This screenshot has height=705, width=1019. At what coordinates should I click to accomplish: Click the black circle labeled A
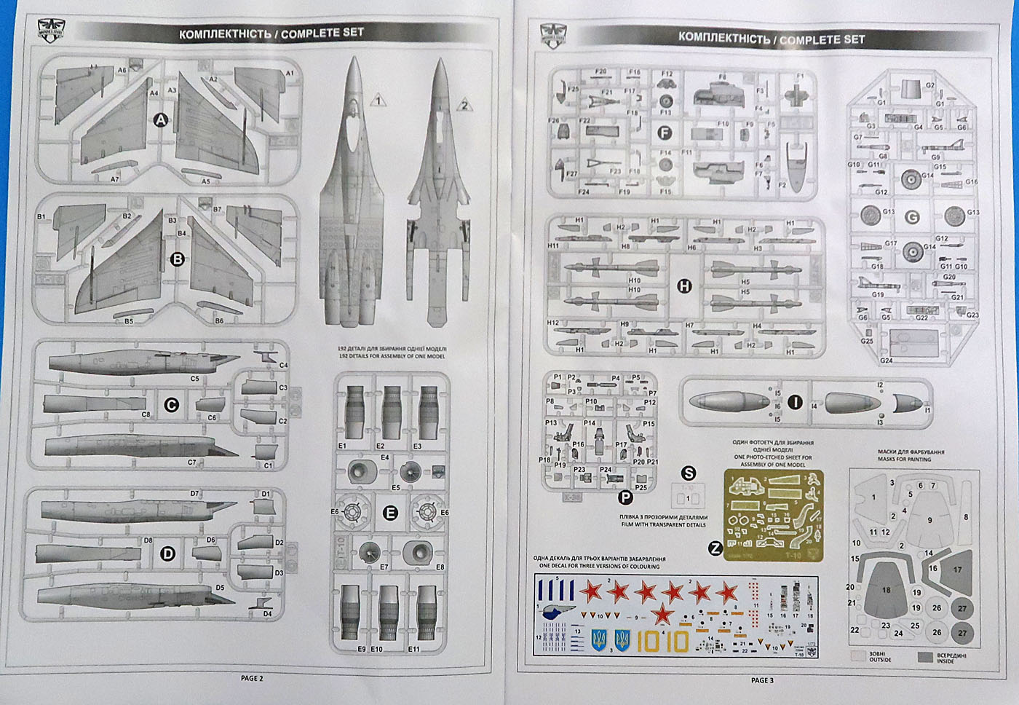[160, 121]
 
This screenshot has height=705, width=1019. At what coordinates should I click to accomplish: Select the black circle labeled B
[177, 259]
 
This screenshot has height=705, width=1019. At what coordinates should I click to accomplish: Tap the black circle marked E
[391, 513]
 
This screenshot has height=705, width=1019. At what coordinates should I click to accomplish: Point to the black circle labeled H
[683, 287]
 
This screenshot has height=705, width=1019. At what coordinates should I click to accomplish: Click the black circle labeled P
[625, 497]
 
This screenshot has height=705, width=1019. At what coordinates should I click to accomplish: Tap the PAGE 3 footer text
[762, 680]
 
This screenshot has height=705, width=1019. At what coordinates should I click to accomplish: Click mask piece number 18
[886, 591]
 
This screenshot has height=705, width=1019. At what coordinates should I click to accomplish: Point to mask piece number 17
[957, 570]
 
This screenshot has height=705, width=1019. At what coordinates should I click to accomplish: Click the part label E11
[414, 649]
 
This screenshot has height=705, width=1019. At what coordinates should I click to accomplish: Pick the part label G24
[886, 361]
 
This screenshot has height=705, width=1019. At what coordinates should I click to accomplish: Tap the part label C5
[194, 379]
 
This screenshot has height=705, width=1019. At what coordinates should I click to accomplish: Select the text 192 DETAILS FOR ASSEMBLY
[392, 357]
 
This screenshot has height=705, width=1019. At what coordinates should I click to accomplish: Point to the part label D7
[194, 494]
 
